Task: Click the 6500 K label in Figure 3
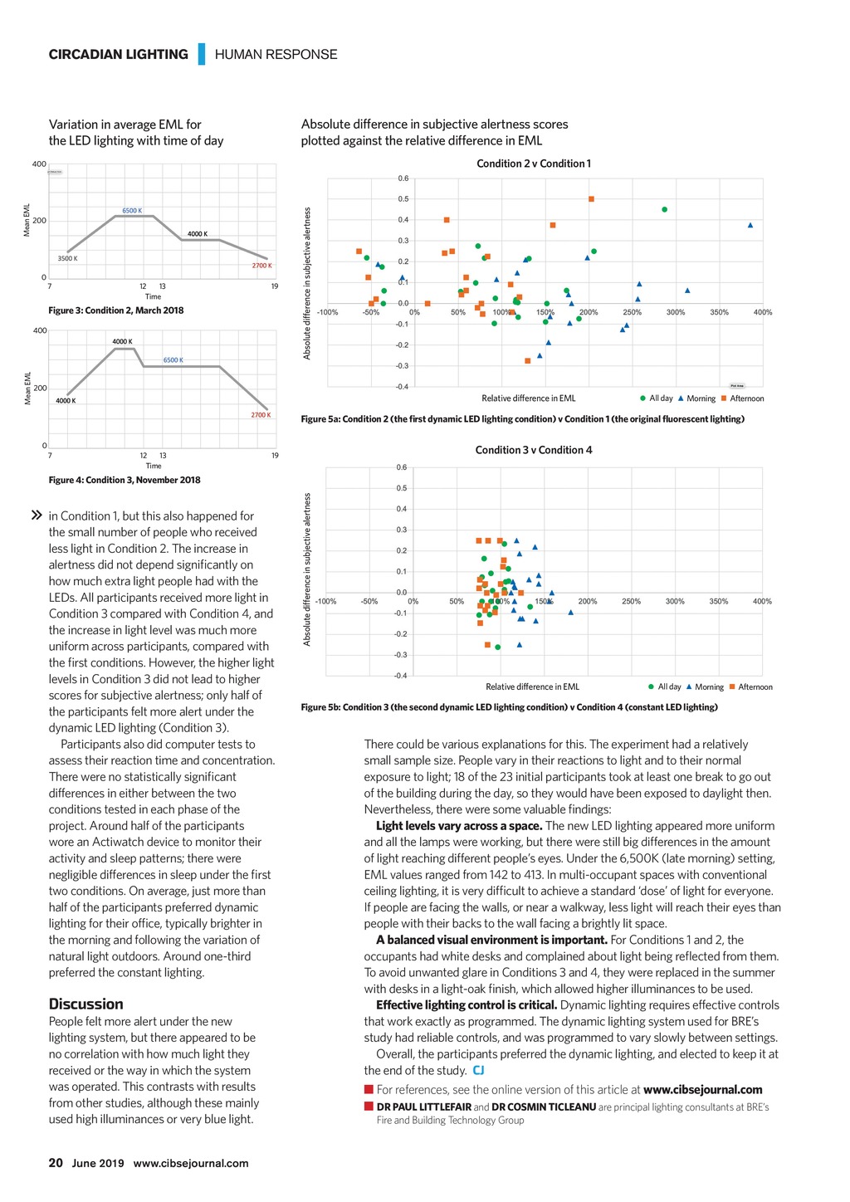click(132, 211)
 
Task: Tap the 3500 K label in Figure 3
click(67, 259)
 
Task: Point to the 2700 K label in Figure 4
click(261, 415)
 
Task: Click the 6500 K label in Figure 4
click(173, 360)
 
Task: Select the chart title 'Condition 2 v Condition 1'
click(534, 164)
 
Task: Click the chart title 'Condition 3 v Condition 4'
click(534, 450)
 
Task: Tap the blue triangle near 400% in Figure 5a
click(750, 225)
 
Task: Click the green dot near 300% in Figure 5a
click(665, 210)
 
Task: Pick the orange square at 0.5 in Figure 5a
click(591, 199)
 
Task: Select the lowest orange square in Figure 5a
click(528, 361)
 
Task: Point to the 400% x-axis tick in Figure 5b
click(762, 602)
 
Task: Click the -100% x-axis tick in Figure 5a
click(327, 313)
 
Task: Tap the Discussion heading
click(85, 1004)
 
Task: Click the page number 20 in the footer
click(56, 1163)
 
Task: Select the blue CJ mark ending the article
click(478, 1071)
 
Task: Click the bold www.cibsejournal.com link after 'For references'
click(702, 1090)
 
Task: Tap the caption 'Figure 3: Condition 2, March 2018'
click(116, 310)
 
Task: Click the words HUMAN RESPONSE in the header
click(276, 55)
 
